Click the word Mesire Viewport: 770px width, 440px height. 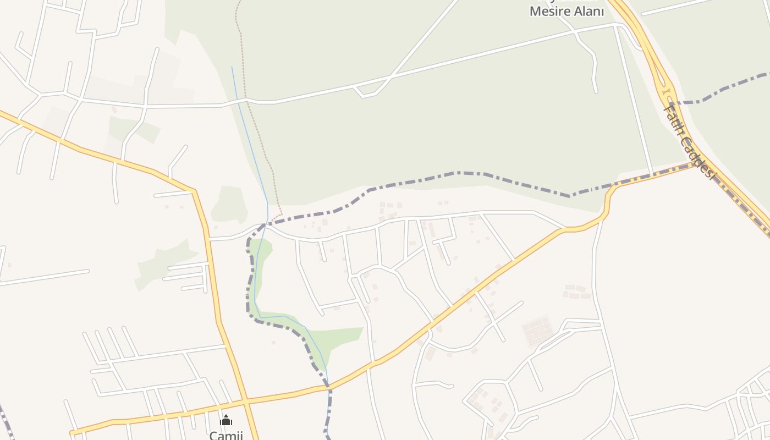pyautogui.click(x=552, y=11)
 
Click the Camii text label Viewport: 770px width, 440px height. pyautogui.click(x=226, y=435)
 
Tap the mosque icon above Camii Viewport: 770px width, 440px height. pyautogui.click(x=226, y=421)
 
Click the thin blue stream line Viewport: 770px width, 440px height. pyautogui.click(x=250, y=137)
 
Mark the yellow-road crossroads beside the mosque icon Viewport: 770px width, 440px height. pyautogui.click(x=246, y=400)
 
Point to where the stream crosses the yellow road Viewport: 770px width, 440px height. pyautogui.click(x=329, y=387)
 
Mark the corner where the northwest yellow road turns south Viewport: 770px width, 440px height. pyautogui.click(x=194, y=191)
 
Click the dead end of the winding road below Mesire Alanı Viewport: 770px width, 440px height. pyautogui.click(x=596, y=91)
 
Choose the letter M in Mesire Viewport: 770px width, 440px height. pyautogui.click(x=535, y=11)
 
